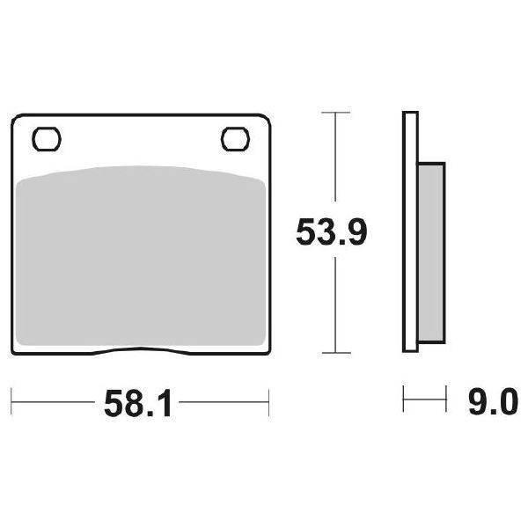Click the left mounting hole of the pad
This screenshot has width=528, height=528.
point(46,138)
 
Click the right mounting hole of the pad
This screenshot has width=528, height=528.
point(234,138)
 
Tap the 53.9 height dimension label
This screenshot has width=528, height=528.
point(331,232)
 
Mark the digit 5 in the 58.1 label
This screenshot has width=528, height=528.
point(114,405)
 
